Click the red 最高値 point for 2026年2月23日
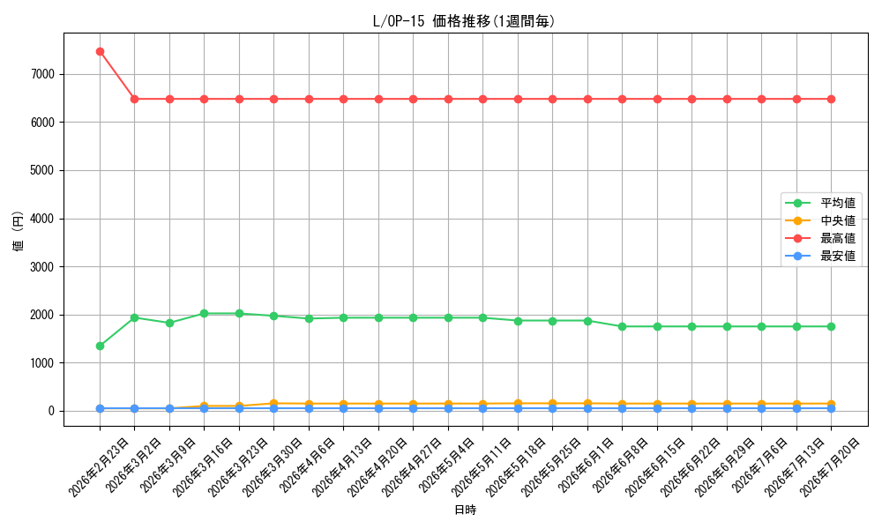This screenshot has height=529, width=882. [101, 52]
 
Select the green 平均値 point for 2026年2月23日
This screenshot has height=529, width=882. [101, 346]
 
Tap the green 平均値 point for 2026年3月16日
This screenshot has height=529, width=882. [205, 314]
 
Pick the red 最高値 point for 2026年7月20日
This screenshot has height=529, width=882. [832, 99]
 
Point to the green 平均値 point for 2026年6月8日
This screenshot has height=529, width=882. [622, 326]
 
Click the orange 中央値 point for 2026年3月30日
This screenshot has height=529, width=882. [274, 404]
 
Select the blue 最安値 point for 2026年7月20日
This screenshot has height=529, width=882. [832, 409]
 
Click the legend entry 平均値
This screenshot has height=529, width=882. [838, 203]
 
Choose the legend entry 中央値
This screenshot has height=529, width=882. [838, 220]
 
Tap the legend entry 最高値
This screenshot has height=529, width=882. [838, 238]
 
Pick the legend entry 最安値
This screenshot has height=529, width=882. [838, 257]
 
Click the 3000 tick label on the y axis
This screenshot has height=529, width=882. [42, 267]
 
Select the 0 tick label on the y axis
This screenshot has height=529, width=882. [51, 411]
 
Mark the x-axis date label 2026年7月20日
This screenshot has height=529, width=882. [830, 467]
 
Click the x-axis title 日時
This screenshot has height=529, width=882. [465, 510]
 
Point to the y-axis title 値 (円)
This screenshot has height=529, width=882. [18, 231]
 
